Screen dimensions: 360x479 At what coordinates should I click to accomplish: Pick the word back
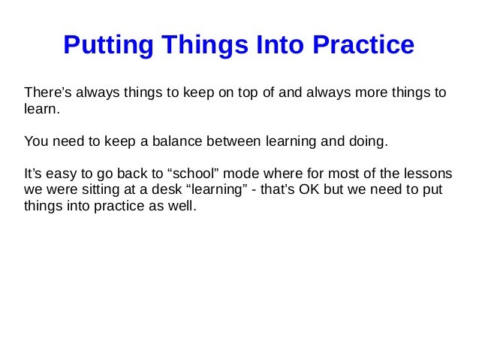(118, 172)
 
